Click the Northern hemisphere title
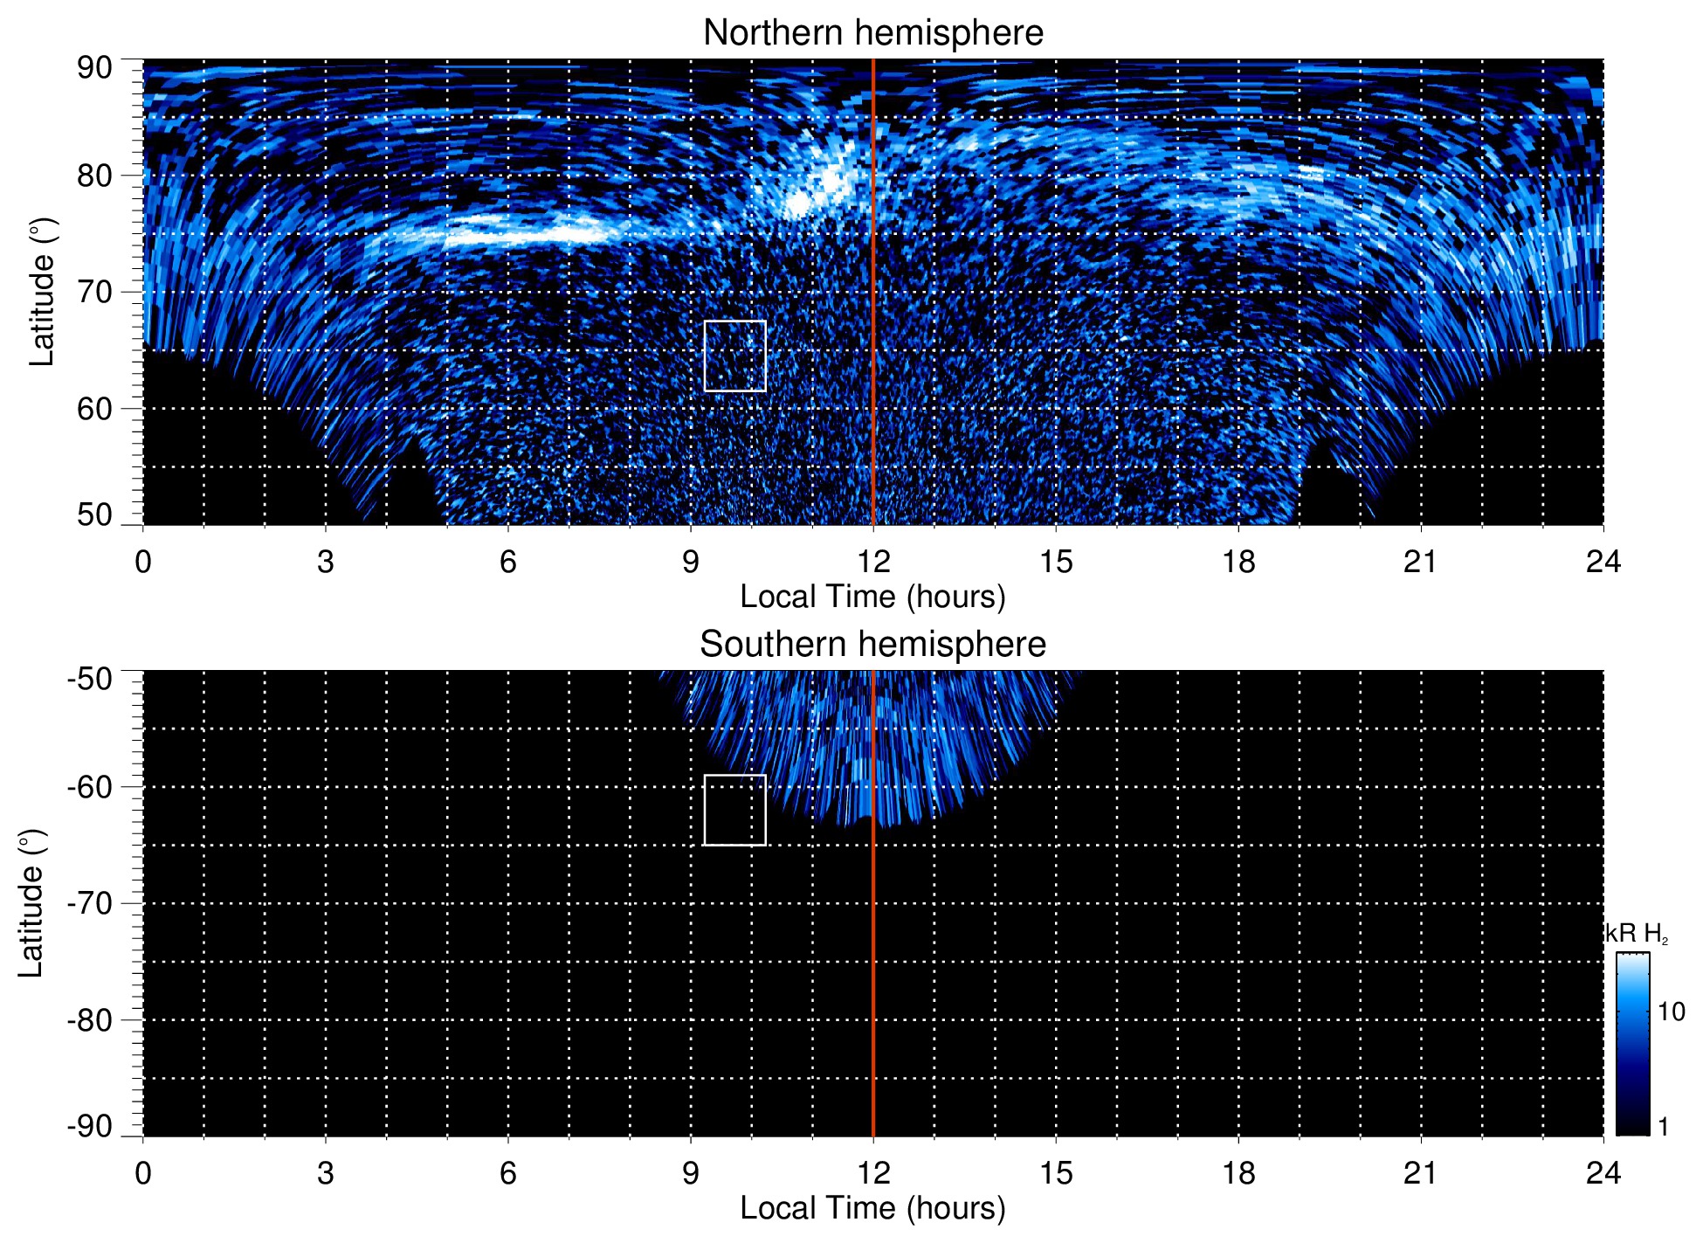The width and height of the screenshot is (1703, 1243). point(872,33)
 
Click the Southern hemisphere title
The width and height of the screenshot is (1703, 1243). point(872,645)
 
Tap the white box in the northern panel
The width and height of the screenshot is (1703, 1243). point(734,356)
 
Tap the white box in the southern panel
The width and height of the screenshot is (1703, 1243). point(734,810)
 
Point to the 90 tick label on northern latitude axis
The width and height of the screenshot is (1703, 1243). point(94,68)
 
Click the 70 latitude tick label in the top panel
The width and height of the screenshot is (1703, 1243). point(94,292)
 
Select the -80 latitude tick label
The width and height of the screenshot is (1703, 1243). point(90,1020)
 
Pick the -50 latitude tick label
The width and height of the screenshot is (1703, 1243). point(90,679)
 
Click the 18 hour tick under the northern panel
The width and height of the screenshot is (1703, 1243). point(1238,562)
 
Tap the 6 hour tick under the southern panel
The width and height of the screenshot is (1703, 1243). point(508,1173)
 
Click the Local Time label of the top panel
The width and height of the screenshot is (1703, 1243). point(872,597)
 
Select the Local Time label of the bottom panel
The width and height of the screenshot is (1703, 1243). point(872,1208)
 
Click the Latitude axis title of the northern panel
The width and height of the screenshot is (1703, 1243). point(42,292)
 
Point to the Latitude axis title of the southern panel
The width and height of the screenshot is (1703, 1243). point(31,903)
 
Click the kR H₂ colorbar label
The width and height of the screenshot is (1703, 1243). point(1636,934)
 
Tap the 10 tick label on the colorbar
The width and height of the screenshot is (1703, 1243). point(1671,1012)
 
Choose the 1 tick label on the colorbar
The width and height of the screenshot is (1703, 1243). point(1663,1127)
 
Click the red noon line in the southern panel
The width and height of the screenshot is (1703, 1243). point(873,961)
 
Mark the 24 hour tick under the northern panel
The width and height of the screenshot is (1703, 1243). point(1603,562)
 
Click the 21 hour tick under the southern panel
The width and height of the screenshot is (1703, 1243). point(1420,1173)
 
